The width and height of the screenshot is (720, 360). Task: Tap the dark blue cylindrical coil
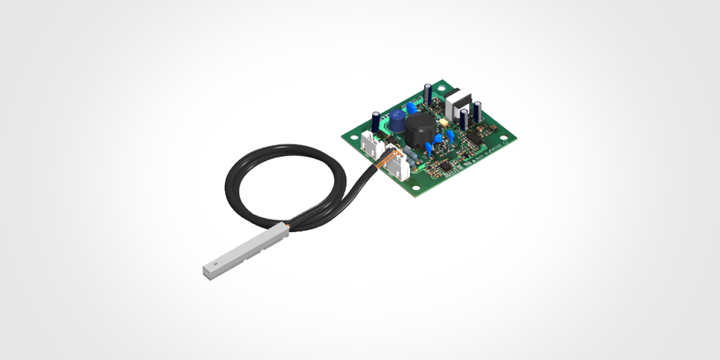pyautogui.click(x=397, y=121)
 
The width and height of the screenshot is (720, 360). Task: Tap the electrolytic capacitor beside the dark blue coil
pyautogui.click(x=376, y=122)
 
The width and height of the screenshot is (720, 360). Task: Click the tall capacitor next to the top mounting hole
pyautogui.click(x=428, y=94)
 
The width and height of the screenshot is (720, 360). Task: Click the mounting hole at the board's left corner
pyautogui.click(x=354, y=137)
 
